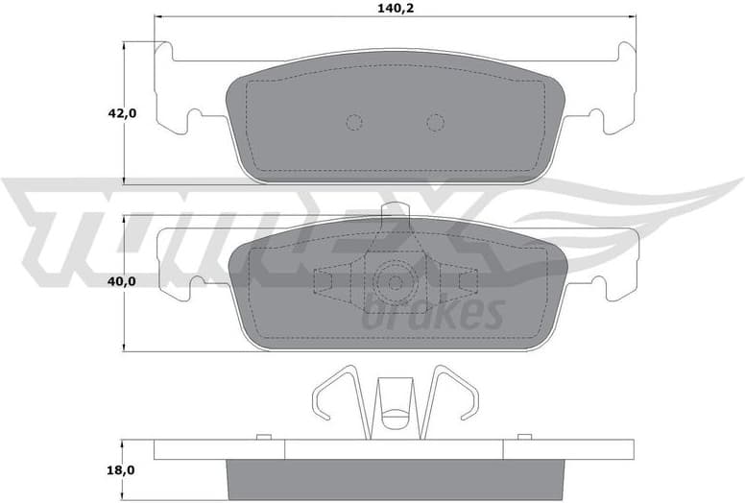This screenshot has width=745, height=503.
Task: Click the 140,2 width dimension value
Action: [x=396, y=8]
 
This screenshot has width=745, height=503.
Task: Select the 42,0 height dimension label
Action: [x=122, y=113]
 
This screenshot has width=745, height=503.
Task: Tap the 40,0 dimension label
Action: [x=122, y=281]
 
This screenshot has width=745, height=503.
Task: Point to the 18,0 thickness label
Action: [x=122, y=471]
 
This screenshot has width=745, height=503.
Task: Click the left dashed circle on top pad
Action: [x=353, y=122]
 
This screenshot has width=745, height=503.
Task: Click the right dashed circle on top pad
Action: [x=435, y=122]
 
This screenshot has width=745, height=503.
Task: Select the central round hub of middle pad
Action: [x=395, y=281]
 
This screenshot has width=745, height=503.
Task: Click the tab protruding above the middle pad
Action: [x=395, y=213]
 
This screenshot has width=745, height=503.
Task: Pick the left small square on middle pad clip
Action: [x=323, y=279]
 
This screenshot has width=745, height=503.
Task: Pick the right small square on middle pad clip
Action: [x=468, y=279]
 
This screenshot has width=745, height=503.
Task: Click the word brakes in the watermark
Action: [x=434, y=314]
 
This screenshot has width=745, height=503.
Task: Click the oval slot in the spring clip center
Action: [x=395, y=418]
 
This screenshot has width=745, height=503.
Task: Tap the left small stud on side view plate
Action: [x=260, y=438]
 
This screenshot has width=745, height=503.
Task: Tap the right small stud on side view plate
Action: [x=528, y=438]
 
